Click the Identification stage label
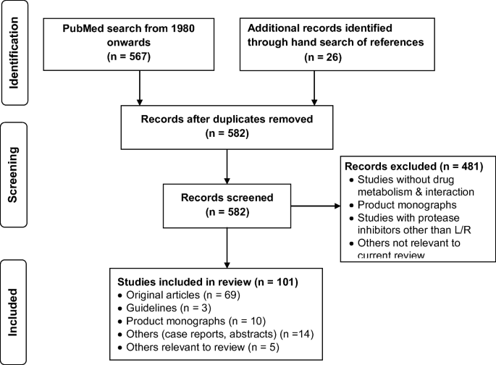(x=14, y=53)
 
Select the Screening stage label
(x=13, y=175)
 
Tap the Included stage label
(x=12, y=312)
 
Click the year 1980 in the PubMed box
(x=183, y=28)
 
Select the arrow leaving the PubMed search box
(x=140, y=88)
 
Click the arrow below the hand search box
(x=314, y=88)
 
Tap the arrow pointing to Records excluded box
(x=316, y=206)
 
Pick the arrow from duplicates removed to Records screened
(x=227, y=167)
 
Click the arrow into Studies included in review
(x=227, y=248)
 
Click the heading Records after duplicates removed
(x=227, y=119)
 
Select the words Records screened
(x=227, y=198)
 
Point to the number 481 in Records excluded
(x=471, y=167)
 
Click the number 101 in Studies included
(x=285, y=282)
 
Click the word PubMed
(x=83, y=28)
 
